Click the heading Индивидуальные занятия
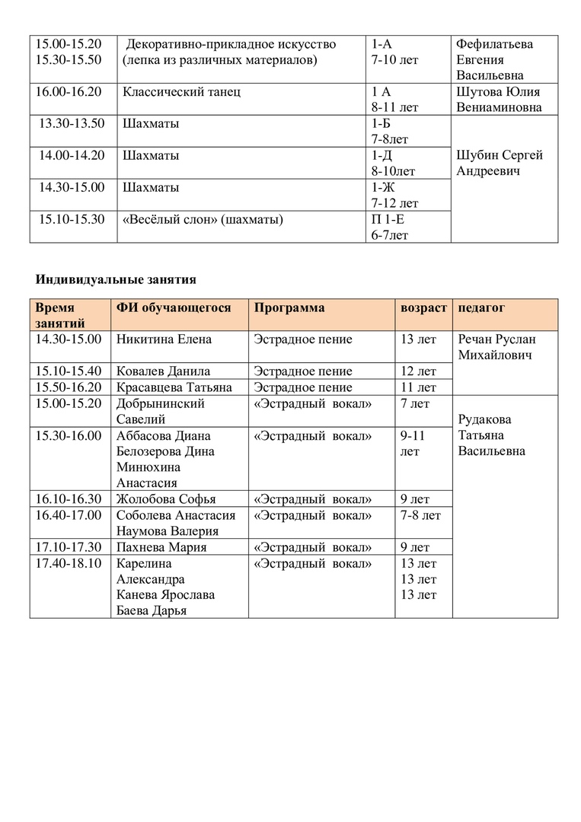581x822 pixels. click(116, 279)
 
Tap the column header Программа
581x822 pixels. click(289, 307)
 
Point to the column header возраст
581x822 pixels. click(423, 307)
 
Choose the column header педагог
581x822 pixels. click(481, 307)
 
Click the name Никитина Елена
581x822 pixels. click(164, 339)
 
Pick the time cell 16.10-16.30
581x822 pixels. click(69, 499)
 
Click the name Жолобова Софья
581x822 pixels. click(166, 499)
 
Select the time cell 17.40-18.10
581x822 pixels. click(69, 563)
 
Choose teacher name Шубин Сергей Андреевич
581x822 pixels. click(500, 164)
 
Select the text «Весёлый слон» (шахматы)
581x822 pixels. click(203, 220)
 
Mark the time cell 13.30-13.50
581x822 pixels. click(72, 123)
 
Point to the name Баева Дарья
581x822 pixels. click(152, 611)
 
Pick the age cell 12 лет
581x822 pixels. click(418, 371)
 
